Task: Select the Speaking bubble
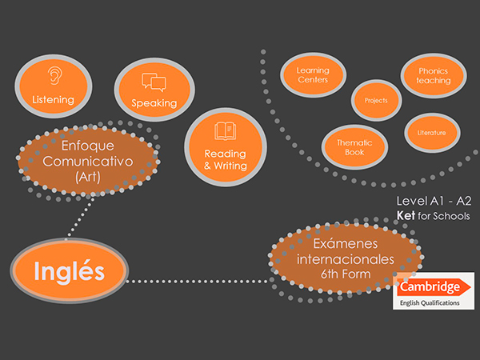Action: [x=153, y=90]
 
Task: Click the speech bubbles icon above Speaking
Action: [x=153, y=82]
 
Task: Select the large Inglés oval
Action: [x=70, y=271]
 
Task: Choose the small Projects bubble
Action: [x=376, y=102]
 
